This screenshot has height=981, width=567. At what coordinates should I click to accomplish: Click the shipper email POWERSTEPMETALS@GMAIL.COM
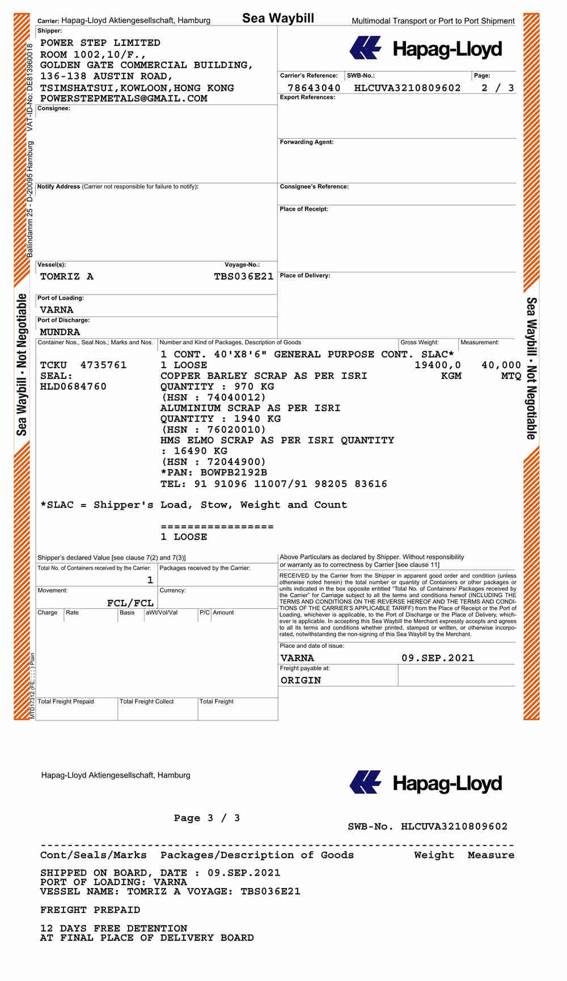click(x=124, y=99)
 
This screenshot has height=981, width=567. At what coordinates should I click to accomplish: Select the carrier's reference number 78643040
click(x=314, y=88)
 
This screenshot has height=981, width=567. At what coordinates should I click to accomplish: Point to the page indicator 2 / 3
click(x=497, y=88)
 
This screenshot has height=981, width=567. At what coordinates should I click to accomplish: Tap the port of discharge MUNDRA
click(x=60, y=332)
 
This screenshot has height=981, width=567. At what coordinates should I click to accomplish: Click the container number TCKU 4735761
click(x=83, y=365)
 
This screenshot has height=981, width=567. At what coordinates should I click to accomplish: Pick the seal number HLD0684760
click(x=73, y=387)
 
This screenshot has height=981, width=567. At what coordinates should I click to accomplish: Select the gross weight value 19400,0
click(x=438, y=365)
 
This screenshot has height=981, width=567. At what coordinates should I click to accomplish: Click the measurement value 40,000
click(x=501, y=365)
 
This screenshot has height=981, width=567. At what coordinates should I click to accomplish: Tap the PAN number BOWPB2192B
click(x=234, y=472)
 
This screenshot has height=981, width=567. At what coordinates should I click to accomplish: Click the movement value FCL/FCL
click(x=130, y=603)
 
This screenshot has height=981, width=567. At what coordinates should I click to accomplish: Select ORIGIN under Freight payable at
click(x=301, y=680)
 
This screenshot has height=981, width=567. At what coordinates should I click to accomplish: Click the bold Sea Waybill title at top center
click(x=278, y=18)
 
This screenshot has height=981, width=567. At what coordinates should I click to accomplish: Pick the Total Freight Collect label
click(x=147, y=702)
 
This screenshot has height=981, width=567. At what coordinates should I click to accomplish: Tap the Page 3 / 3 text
click(x=207, y=818)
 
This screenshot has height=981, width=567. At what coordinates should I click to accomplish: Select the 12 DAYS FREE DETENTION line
click(x=113, y=928)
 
